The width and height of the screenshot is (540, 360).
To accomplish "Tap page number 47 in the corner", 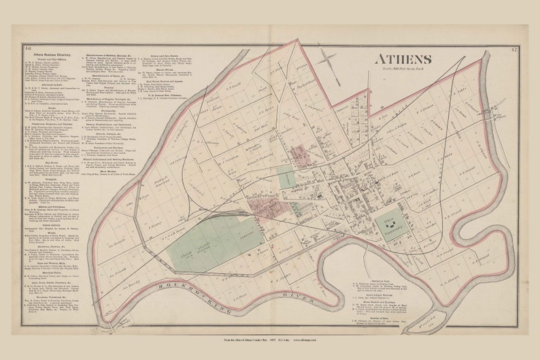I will coord(512,50).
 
